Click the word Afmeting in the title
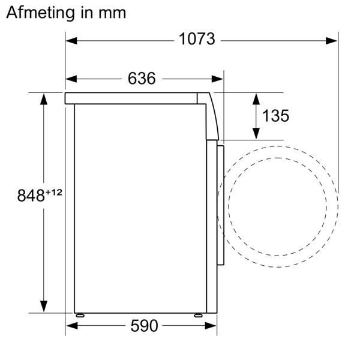coord(40,13)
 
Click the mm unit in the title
coord(112,13)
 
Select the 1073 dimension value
coord(197,39)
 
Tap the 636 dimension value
coord(142,79)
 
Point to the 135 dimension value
coord(275,116)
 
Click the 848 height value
coord(31,196)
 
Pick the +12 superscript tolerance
coord(54,192)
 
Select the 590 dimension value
coord(144,326)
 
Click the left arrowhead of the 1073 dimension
coord(71,41)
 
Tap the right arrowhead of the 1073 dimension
coord(332,41)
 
